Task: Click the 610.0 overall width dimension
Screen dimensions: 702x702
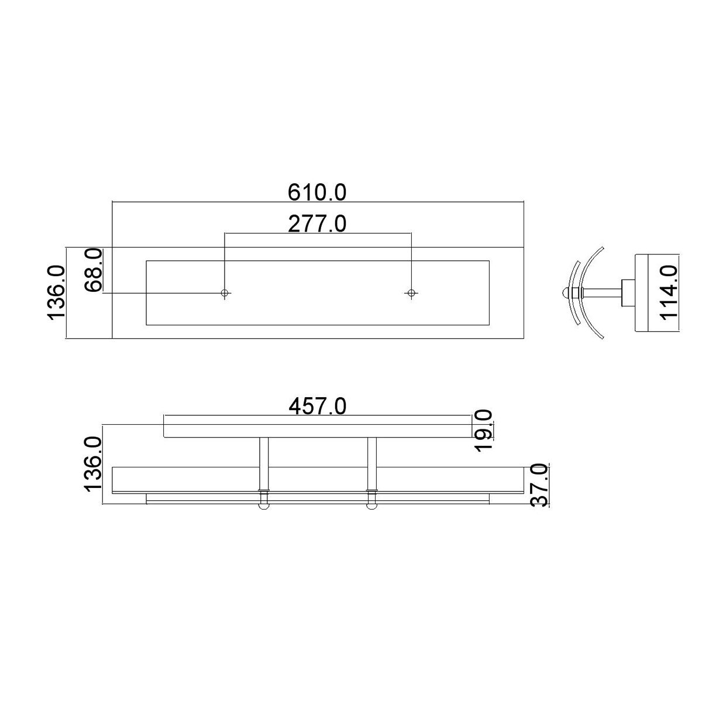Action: [x=318, y=192]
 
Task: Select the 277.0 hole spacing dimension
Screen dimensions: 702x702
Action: [x=318, y=223]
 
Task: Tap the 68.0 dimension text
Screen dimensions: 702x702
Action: [x=94, y=270]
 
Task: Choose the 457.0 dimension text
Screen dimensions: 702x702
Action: [x=318, y=406]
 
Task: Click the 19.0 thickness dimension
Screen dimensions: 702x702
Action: [x=484, y=429]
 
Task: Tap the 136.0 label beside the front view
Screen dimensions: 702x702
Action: [x=94, y=464]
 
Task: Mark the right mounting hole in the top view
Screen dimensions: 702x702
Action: [x=411, y=292]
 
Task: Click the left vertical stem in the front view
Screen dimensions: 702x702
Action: [x=264, y=462]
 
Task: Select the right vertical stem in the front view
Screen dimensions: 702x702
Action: [x=371, y=462]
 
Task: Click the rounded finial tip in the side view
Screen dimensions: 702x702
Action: [x=564, y=292]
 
